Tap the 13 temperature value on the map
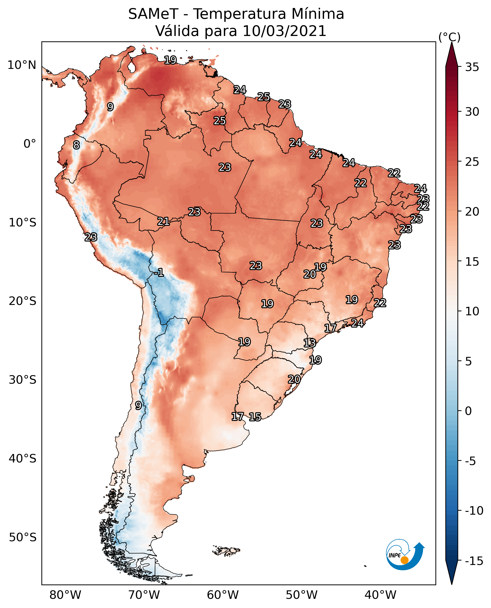point(310,343)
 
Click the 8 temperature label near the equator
point(76,145)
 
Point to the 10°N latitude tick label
point(22,65)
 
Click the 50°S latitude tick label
point(23,537)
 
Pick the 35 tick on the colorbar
point(472,67)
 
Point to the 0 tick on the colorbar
point(468,411)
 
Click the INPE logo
point(405,555)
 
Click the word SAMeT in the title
point(153,14)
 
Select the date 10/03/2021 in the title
point(284,31)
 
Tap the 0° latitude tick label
point(30,144)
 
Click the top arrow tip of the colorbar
point(452,43)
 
